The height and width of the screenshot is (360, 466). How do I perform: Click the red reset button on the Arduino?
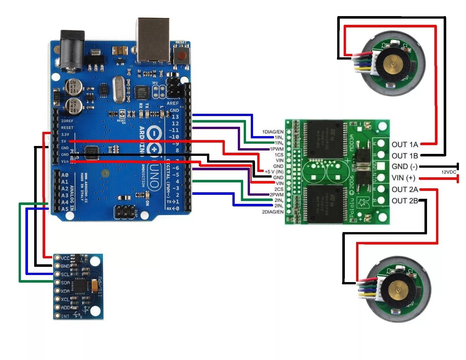tap(181, 55)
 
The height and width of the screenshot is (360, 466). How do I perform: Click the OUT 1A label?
tap(404, 145)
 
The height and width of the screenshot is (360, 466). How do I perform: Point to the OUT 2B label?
tap(404, 201)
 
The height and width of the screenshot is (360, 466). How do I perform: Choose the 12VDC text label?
tap(448, 172)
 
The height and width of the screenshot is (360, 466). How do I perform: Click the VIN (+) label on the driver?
tap(403, 178)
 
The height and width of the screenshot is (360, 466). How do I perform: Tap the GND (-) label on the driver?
tap(404, 167)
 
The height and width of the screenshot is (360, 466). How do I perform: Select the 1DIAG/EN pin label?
tap(273, 132)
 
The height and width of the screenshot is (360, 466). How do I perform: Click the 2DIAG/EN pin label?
tap(273, 212)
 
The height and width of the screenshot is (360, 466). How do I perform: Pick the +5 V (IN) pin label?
tap(274, 172)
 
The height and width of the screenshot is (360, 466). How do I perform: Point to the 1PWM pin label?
tap(276, 149)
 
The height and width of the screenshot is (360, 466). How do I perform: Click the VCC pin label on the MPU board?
tap(65, 258)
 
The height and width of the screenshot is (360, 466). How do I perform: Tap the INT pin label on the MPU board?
tap(65, 316)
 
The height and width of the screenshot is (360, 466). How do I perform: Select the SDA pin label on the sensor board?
tap(65, 283)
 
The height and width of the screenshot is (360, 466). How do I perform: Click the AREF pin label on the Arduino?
tap(173, 103)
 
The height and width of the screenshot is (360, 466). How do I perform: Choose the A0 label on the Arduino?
tap(65, 175)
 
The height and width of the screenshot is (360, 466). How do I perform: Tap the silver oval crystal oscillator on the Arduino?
tap(119, 90)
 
